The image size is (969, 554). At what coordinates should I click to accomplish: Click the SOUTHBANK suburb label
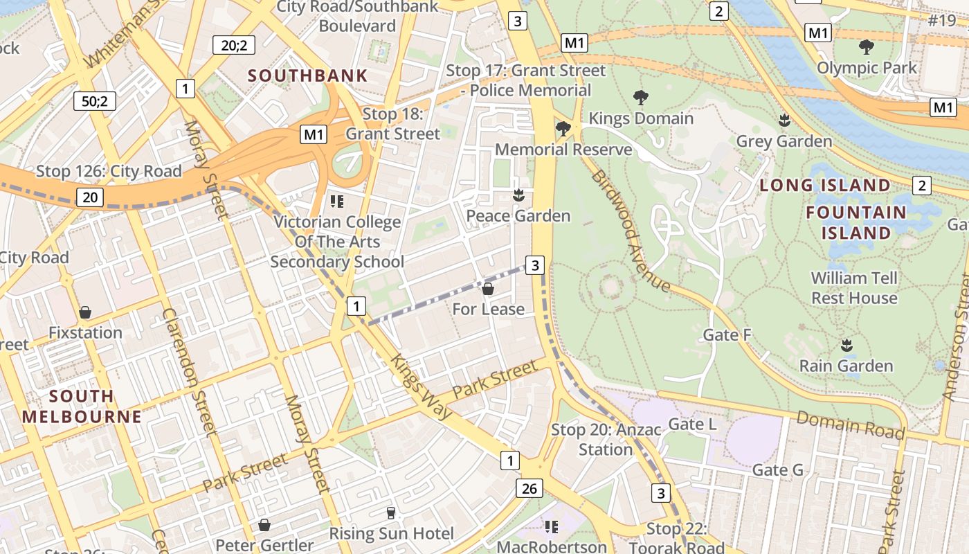tap(307, 76)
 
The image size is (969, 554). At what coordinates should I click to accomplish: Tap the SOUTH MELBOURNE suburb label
tap(82, 406)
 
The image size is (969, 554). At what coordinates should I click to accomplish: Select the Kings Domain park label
tap(640, 118)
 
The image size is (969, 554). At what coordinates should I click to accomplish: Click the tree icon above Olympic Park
tap(866, 47)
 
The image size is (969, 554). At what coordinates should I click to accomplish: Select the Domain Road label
tap(850, 425)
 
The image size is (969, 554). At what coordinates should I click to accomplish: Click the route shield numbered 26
tap(529, 489)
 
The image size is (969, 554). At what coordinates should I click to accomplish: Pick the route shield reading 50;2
tap(95, 101)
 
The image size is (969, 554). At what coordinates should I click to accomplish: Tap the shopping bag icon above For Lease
tap(488, 289)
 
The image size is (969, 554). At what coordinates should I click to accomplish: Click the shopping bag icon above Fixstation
tap(85, 312)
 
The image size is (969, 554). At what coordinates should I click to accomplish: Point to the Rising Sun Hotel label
tap(391, 533)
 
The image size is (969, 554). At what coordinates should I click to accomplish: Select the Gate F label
tap(727, 335)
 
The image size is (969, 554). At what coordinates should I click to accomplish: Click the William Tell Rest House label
tap(854, 288)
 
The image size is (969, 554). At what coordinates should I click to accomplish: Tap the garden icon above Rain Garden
tap(846, 345)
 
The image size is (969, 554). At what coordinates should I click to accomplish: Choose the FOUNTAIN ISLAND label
tap(855, 222)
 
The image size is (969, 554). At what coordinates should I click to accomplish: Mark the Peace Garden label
tap(518, 216)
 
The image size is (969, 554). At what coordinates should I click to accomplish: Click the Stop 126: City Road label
tap(109, 171)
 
